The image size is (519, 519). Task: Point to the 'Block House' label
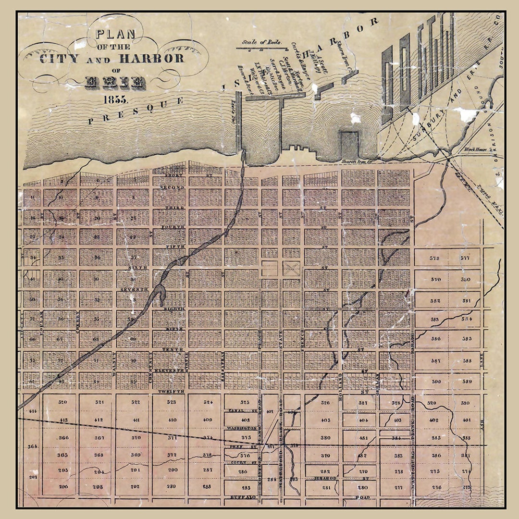click(x=475, y=149)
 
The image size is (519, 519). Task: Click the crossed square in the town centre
click(x=290, y=268)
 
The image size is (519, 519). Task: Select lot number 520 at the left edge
click(x=62, y=402)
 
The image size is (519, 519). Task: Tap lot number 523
click(x=172, y=402)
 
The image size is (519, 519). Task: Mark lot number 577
click(x=465, y=258)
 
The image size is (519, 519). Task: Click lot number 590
click(x=436, y=381)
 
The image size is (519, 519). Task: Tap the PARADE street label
click(x=412, y=339)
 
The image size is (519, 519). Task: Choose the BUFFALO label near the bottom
click(x=241, y=497)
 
